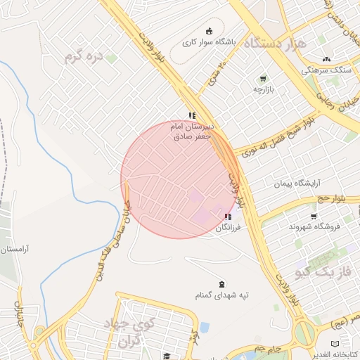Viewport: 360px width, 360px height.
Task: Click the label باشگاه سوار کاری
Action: click(x=209, y=42)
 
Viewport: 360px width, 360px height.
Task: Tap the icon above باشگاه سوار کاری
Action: click(x=209, y=31)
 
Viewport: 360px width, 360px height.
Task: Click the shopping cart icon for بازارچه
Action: click(x=263, y=79)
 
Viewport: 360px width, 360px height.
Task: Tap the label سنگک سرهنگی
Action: click(x=326, y=70)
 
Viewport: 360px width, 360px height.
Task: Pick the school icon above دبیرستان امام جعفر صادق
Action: click(x=192, y=115)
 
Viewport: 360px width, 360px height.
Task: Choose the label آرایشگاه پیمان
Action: click(x=291, y=184)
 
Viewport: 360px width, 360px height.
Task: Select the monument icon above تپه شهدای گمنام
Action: click(x=223, y=284)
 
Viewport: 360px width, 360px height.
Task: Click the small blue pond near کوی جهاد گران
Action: click(x=204, y=327)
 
